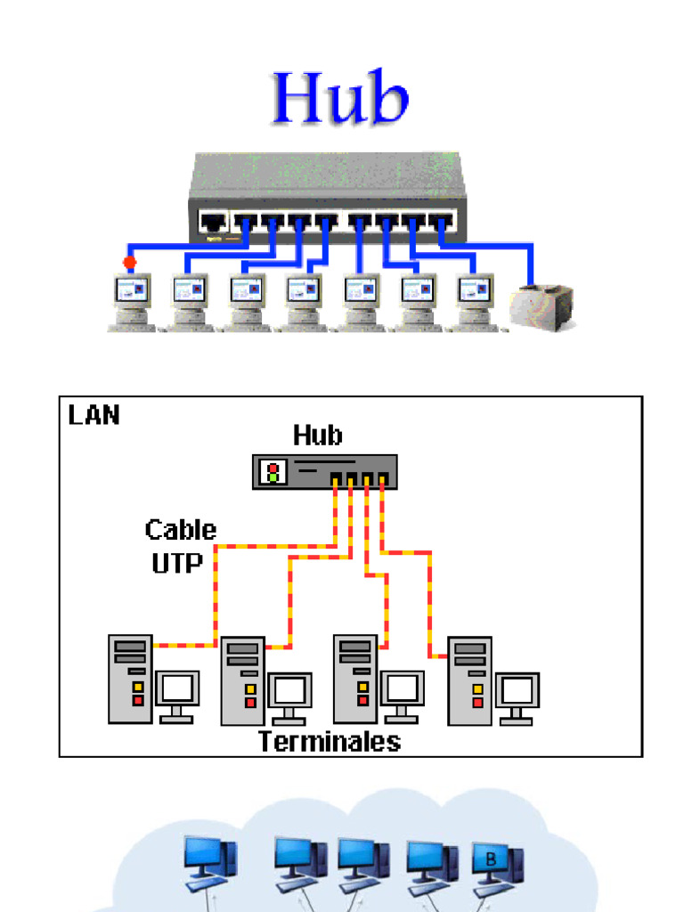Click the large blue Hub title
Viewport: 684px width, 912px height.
(340, 97)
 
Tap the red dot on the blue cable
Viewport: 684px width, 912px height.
(130, 263)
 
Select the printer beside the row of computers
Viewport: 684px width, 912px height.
(541, 307)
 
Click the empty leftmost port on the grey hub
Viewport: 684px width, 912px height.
(213, 222)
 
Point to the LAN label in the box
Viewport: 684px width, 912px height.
(94, 415)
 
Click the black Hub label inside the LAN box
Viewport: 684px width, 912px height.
(318, 436)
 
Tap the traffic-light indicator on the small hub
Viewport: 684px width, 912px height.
(273, 472)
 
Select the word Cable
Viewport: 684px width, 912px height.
(181, 530)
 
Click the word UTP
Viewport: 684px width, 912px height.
(177, 563)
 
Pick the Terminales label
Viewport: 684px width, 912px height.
(330, 742)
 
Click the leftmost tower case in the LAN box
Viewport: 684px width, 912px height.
(130, 679)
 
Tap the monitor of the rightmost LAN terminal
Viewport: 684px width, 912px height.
(517, 698)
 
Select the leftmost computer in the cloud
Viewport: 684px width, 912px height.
(210, 865)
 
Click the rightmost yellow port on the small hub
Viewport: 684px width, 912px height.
(382, 480)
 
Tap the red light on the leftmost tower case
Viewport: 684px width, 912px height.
(138, 700)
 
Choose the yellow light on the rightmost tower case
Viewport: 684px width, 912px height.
(477, 690)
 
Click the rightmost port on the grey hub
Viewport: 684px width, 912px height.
(441, 222)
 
